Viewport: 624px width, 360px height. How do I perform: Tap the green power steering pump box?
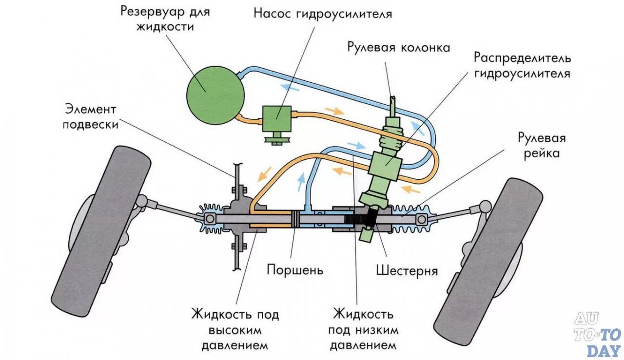tap(276, 119)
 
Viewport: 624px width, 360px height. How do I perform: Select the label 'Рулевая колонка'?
tap(398, 47)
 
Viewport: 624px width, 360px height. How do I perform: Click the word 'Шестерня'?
tap(407, 269)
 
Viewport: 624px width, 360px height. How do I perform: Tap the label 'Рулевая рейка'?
tap(541, 145)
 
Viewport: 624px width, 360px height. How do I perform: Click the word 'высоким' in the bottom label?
tap(235, 330)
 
